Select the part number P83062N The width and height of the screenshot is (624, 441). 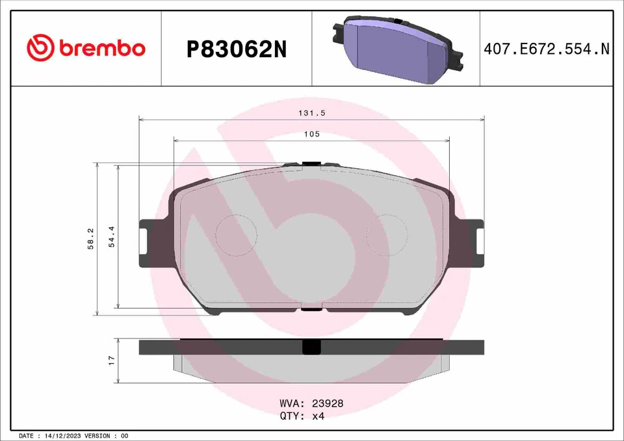point(236,49)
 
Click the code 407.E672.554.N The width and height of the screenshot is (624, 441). point(547,49)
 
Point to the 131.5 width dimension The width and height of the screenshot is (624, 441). point(311,112)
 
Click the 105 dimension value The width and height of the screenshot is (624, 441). point(311,134)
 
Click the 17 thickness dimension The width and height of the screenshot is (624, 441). point(111,360)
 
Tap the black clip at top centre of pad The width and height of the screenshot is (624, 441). point(311,165)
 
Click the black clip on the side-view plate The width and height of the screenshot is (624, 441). point(311,347)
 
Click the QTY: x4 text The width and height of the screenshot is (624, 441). point(302,416)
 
